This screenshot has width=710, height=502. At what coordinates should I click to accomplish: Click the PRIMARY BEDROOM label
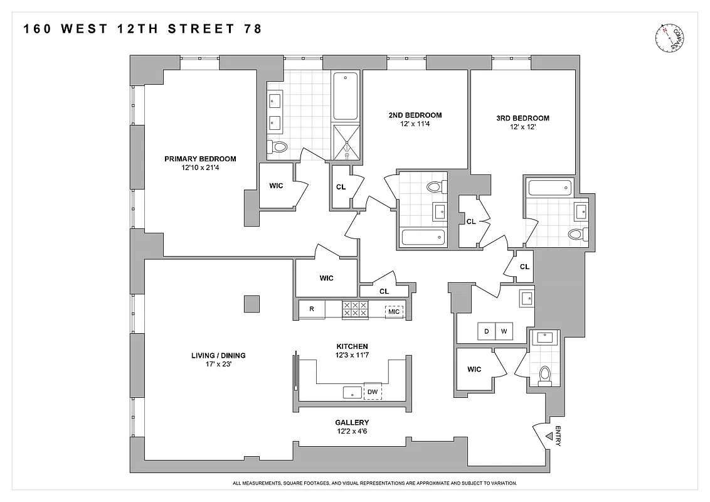[200, 159]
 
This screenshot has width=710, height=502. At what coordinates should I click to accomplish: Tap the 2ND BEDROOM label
[415, 115]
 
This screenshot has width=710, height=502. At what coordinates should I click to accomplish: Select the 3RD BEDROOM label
[521, 118]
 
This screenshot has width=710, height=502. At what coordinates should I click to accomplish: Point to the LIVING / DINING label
[218, 355]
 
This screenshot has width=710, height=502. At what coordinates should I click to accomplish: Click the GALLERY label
[352, 422]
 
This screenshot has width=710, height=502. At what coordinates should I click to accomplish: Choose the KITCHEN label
[351, 346]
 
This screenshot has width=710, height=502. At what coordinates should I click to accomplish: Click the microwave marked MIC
[394, 311]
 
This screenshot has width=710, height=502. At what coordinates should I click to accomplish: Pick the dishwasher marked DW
[373, 392]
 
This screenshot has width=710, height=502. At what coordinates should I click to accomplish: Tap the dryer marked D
[486, 332]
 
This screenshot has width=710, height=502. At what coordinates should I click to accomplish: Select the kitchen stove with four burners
[354, 309]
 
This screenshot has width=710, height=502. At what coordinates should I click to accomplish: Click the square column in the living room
[252, 304]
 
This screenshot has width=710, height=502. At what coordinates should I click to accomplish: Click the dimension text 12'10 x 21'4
[200, 168]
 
